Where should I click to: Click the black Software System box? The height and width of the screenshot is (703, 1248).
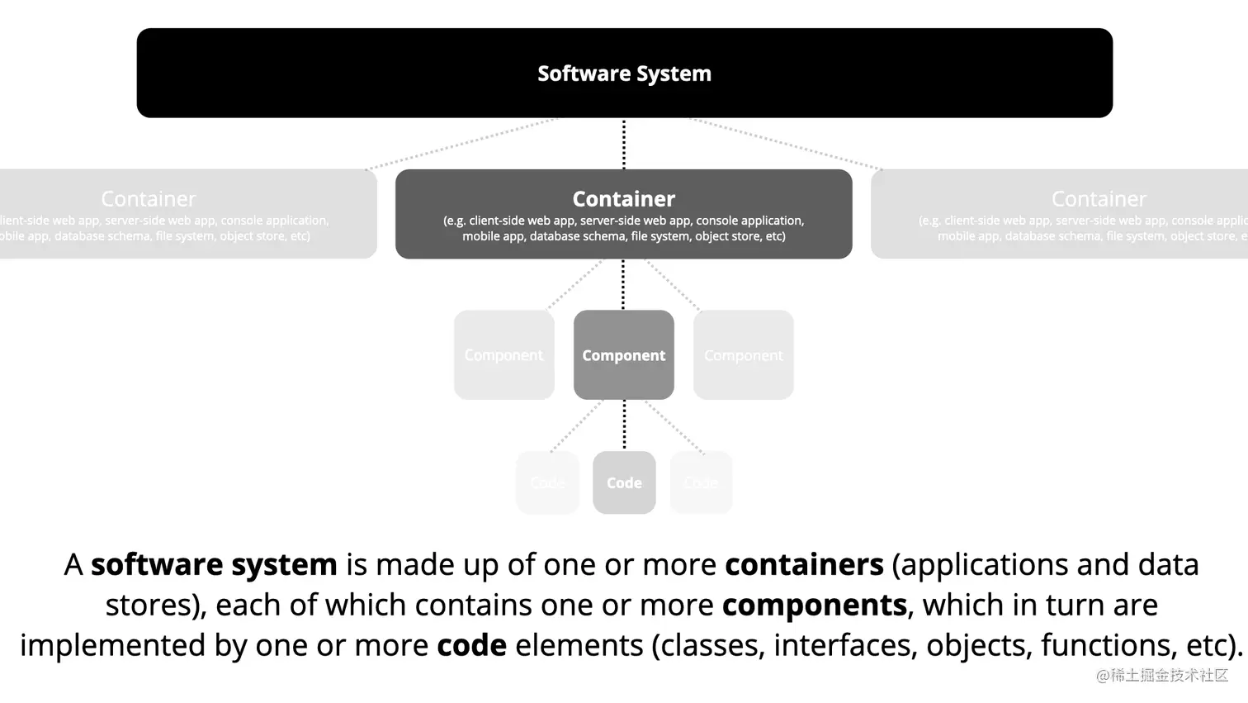pyautogui.click(x=624, y=73)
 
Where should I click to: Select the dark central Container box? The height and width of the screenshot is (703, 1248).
pyautogui.click(x=623, y=214)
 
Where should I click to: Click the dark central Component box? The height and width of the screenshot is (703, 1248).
pyautogui.click(x=623, y=355)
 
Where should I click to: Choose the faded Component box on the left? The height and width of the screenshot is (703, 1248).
pyautogui.click(x=503, y=355)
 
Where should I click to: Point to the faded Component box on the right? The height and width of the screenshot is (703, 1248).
pyautogui.click(x=743, y=355)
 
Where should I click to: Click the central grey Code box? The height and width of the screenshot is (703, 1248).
pyautogui.click(x=624, y=482)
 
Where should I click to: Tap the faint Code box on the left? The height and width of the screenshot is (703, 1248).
pyautogui.click(x=547, y=482)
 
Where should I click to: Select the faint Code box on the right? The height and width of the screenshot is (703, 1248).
pyautogui.click(x=701, y=482)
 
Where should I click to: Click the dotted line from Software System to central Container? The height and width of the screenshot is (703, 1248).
pyautogui.click(x=624, y=144)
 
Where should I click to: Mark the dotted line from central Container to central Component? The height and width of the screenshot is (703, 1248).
pyautogui.click(x=623, y=284)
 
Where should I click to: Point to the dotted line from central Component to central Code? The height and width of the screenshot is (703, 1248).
pyautogui.click(x=624, y=425)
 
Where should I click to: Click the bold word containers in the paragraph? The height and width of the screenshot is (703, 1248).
pyautogui.click(x=804, y=565)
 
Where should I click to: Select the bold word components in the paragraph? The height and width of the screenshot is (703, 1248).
pyautogui.click(x=814, y=606)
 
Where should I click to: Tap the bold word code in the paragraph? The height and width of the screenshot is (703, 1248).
pyautogui.click(x=471, y=645)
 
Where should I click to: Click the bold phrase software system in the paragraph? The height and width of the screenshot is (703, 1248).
pyautogui.click(x=214, y=565)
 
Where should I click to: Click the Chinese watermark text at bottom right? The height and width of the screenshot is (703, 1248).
pyautogui.click(x=1162, y=675)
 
